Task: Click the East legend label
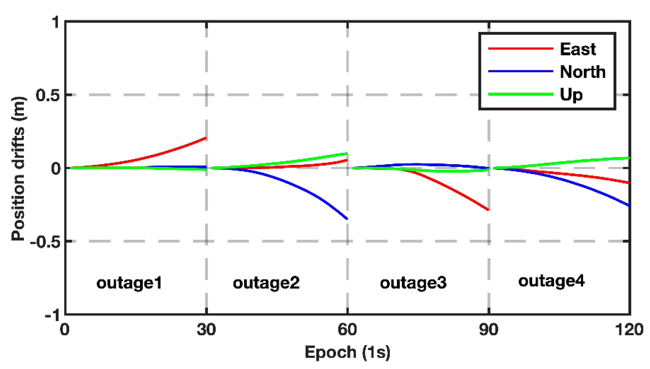click(x=578, y=49)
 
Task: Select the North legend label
click(x=583, y=72)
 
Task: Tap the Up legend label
click(x=571, y=95)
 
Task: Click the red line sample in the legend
click(x=521, y=48)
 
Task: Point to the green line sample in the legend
click(x=521, y=94)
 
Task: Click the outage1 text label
click(x=129, y=283)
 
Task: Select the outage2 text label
click(x=266, y=283)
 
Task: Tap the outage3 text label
click(x=413, y=283)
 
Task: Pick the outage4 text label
click(x=551, y=281)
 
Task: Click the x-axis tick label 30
click(x=206, y=330)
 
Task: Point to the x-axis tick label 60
click(x=347, y=330)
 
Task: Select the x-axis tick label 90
click(x=489, y=330)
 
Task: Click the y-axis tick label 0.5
click(x=47, y=95)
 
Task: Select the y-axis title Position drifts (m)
click(x=18, y=169)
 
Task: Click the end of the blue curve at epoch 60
click(x=347, y=219)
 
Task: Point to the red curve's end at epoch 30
click(x=206, y=138)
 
